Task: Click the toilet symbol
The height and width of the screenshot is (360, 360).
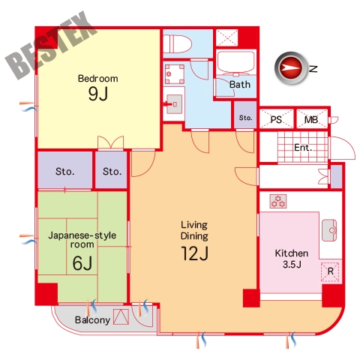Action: coord(177,44)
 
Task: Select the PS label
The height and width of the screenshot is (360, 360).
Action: coord(276,120)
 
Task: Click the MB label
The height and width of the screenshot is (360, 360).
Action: coord(311,120)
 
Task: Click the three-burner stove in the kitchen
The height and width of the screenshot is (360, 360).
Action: coord(278,201)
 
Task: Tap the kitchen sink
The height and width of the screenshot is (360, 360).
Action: coord(329,230)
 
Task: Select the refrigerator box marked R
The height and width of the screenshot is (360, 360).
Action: coord(330,271)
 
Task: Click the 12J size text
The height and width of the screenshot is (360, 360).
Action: coord(195,253)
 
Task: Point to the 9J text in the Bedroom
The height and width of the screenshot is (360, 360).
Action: coord(98,94)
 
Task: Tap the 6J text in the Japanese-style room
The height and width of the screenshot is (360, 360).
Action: coord(82,263)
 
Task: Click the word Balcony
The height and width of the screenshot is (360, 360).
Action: coord(92,320)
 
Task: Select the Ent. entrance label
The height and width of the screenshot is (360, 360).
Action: coord(303,148)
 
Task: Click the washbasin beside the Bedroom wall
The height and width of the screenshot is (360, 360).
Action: coord(174,104)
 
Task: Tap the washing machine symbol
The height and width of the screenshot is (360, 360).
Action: coord(175,74)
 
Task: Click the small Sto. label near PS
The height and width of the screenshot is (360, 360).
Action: coord(245,118)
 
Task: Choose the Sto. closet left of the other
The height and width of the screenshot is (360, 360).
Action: coord(64,172)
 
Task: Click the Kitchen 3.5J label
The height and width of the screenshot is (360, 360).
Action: coord(292,259)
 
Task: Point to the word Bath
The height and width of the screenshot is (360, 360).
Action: coord(240,85)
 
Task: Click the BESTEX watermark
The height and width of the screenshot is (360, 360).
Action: coord(51,45)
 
